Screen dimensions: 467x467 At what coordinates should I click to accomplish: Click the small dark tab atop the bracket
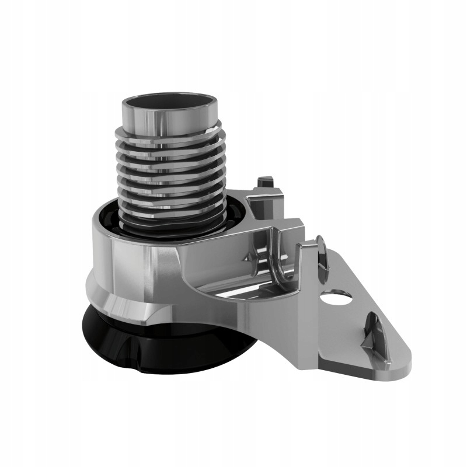tap(266, 182)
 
